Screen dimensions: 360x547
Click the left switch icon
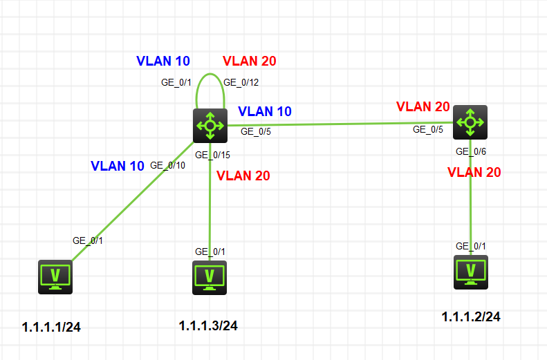pos(210,125)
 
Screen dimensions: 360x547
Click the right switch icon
pos(470,122)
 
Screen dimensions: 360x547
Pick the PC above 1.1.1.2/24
pos(471,272)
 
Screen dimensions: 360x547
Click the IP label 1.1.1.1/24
pos(52,327)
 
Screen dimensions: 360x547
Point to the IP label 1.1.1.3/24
pos(208,325)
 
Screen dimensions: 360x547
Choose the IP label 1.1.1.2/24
pos(471,316)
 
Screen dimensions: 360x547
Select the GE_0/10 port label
pos(167,165)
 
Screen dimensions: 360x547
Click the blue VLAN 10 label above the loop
pos(163,61)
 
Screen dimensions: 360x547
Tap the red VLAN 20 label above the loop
pos(250,61)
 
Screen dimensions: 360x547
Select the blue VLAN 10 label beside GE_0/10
pos(118,166)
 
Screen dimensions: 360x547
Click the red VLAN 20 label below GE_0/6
pos(474,172)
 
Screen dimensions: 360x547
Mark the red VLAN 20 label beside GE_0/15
pos(243,176)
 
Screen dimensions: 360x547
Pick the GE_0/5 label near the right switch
pos(427,129)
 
